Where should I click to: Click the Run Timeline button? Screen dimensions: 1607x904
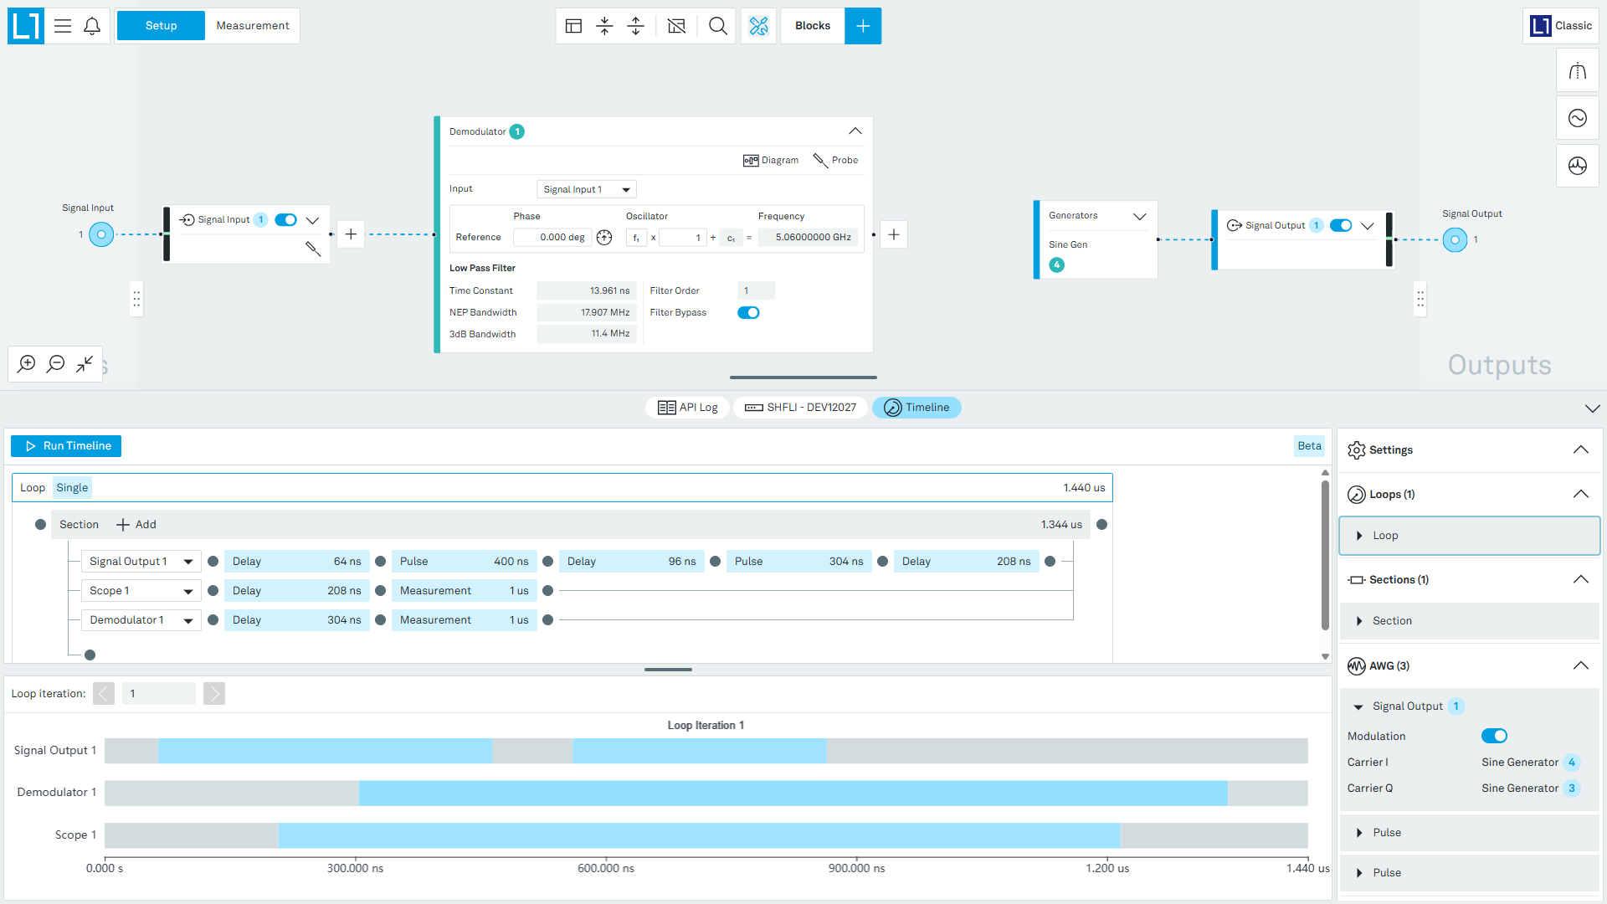click(x=66, y=446)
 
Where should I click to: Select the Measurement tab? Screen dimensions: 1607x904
click(x=253, y=26)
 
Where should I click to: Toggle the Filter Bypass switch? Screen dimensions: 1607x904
click(x=748, y=313)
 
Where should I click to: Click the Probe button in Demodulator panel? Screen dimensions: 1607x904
click(x=836, y=160)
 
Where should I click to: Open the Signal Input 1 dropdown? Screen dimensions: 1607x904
click(x=587, y=190)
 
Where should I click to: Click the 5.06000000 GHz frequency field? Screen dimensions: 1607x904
click(x=809, y=238)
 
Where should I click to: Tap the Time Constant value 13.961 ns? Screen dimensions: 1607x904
click(x=587, y=290)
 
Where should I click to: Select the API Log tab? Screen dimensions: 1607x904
click(x=688, y=408)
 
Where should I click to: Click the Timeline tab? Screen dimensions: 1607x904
click(x=916, y=408)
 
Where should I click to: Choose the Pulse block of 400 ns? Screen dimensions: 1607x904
click(x=465, y=562)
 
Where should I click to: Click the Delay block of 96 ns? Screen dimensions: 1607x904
click(x=632, y=562)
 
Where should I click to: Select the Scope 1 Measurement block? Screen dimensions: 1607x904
click(x=465, y=591)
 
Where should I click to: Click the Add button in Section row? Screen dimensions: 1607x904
click(x=136, y=525)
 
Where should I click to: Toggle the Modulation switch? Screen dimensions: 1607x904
click(x=1494, y=737)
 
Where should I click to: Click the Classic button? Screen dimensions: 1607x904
click(x=1561, y=26)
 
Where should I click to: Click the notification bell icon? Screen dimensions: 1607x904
click(x=92, y=26)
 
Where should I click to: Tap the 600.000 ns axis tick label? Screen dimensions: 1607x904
click(x=606, y=869)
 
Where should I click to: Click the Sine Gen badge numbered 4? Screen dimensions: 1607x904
click(x=1057, y=265)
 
